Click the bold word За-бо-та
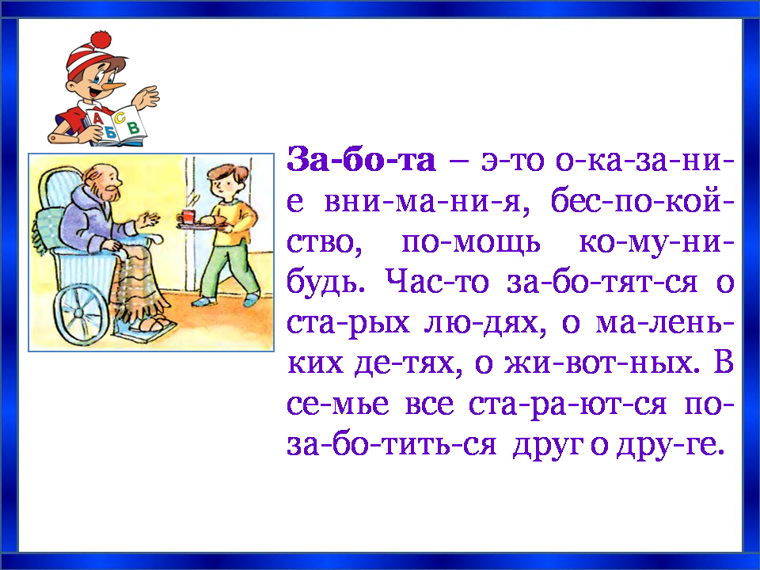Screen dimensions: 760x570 [x=361, y=159]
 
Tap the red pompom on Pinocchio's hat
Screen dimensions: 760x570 [x=101, y=40]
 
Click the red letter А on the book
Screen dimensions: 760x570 [x=97, y=118]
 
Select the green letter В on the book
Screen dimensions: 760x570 [x=133, y=127]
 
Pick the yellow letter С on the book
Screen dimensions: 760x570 [x=120, y=117]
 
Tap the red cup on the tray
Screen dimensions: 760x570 [x=188, y=216]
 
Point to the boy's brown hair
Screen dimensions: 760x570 [x=228, y=173]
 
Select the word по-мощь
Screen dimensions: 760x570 [x=470, y=242]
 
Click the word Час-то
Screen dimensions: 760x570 [x=437, y=282]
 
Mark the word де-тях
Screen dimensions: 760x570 [x=405, y=363]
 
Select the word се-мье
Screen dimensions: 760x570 [x=337, y=404]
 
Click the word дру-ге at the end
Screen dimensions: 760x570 [x=670, y=445]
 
